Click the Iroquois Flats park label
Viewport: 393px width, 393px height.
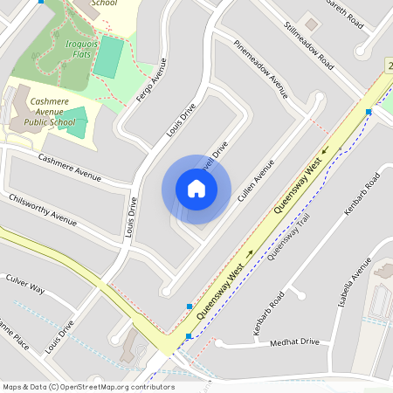(x=79, y=48)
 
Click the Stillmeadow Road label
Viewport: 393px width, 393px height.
(x=309, y=45)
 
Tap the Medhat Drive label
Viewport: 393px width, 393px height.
(x=294, y=342)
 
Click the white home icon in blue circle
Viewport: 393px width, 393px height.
(x=196, y=189)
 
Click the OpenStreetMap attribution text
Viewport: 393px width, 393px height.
(x=88, y=386)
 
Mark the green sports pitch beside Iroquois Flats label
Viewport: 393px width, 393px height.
(x=109, y=57)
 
